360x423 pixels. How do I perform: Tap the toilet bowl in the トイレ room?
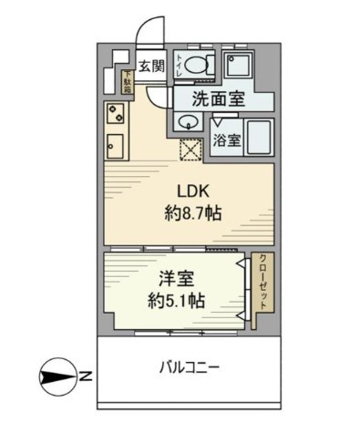tap(204, 67)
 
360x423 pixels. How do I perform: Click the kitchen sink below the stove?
tap(116, 145)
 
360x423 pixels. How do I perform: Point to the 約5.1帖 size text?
tap(171, 300)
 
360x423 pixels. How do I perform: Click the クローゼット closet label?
tap(261, 282)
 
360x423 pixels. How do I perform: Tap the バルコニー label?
tap(190, 368)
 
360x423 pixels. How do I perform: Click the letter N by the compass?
tap(83, 374)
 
